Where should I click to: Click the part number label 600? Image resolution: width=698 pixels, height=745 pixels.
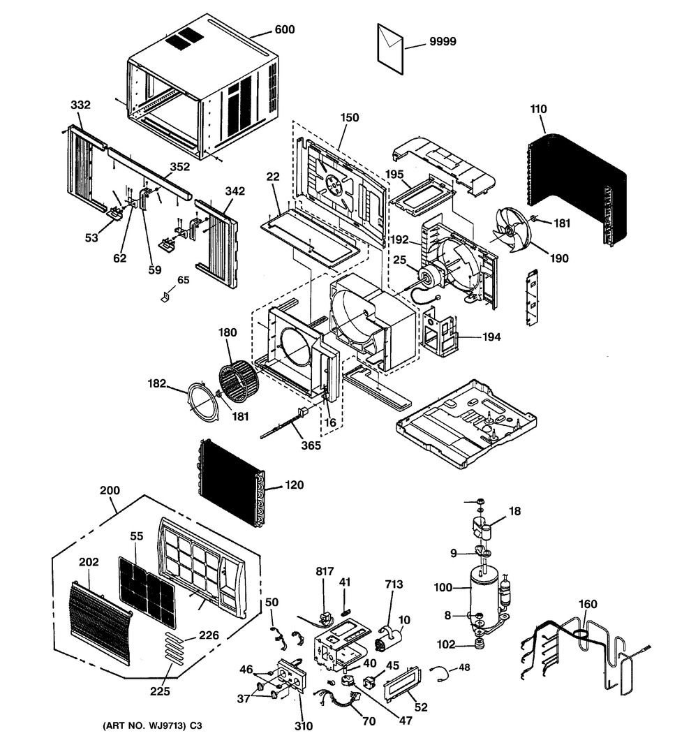click(x=285, y=29)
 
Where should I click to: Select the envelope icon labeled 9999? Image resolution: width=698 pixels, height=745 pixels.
click(x=391, y=47)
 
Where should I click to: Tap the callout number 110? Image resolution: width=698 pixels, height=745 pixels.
click(x=538, y=109)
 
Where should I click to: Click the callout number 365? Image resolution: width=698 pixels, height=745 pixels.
click(x=311, y=445)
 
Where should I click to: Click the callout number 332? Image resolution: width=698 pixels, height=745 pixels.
click(x=80, y=105)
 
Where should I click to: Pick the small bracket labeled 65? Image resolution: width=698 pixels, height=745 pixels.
click(x=165, y=296)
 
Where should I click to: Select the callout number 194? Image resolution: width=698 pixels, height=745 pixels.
click(x=491, y=337)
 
